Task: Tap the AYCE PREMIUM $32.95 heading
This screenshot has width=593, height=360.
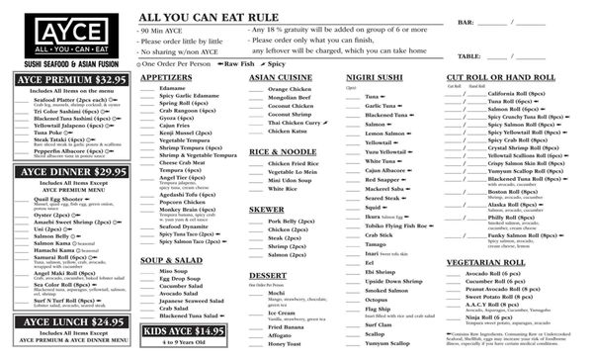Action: (x=67, y=78)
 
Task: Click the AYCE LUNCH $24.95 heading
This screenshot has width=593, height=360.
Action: (x=67, y=321)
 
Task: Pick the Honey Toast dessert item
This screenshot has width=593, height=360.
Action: (x=283, y=342)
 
